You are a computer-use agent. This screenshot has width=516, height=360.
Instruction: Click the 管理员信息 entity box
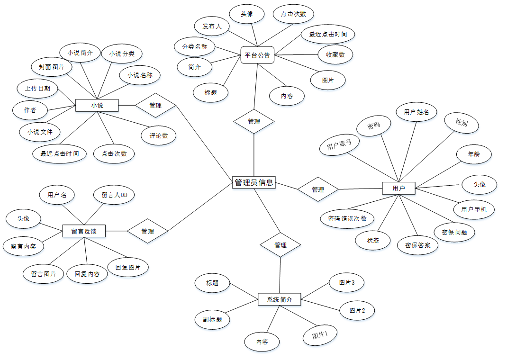(254, 182)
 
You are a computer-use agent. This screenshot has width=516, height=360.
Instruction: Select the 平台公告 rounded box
(257, 55)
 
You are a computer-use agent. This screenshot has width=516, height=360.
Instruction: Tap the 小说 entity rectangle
(97, 105)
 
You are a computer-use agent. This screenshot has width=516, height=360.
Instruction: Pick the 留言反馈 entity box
(84, 231)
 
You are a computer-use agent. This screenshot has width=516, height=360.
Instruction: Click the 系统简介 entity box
(280, 299)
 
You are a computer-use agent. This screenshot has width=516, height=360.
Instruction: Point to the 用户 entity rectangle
(398, 188)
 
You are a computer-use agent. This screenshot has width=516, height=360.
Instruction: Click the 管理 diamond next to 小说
(155, 105)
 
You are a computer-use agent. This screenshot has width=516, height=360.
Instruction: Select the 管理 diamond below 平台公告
(254, 122)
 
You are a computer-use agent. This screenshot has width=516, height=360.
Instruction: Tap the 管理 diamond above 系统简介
(281, 245)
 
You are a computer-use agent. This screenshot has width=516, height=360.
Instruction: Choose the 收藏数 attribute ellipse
(335, 54)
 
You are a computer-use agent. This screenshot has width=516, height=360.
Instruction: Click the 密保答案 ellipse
(417, 245)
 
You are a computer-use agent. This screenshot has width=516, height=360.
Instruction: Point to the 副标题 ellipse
(212, 319)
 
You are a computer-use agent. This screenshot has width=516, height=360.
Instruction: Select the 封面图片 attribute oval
(52, 67)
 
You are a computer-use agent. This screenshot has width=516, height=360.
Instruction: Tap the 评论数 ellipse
(159, 136)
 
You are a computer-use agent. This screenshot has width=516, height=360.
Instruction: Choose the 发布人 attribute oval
(212, 27)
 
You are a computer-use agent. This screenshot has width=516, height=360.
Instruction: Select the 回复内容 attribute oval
(87, 274)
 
